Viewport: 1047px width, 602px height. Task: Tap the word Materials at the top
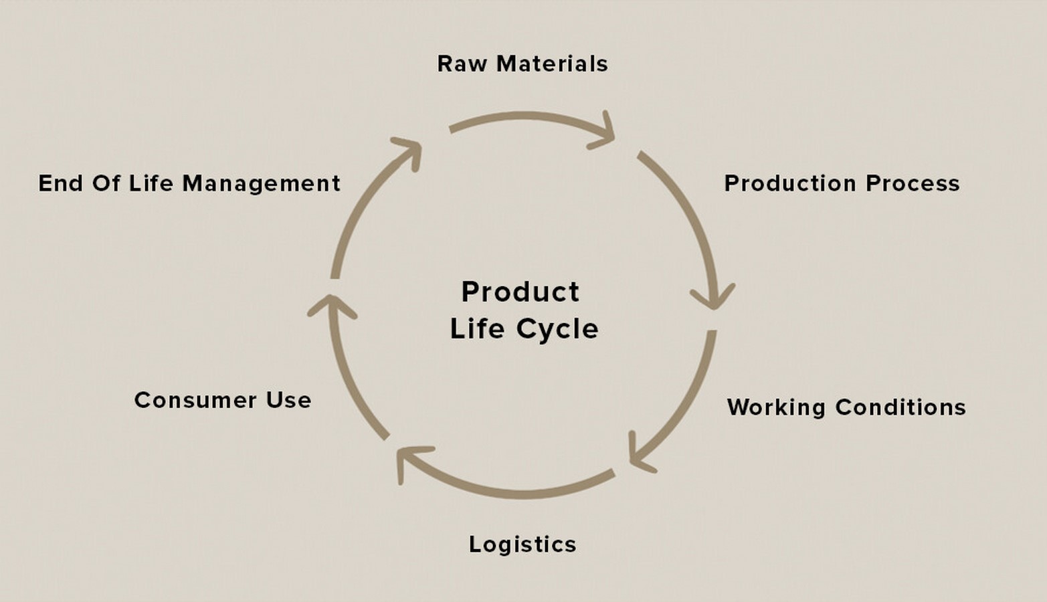click(552, 64)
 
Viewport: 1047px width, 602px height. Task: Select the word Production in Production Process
click(790, 183)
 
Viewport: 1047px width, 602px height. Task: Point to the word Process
click(913, 183)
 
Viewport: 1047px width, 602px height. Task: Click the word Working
click(776, 407)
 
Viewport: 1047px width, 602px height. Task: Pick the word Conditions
click(900, 407)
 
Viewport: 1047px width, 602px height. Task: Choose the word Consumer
click(195, 400)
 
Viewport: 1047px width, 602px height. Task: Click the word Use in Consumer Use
click(288, 400)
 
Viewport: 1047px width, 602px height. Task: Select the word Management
click(262, 184)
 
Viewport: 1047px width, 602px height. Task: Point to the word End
click(60, 183)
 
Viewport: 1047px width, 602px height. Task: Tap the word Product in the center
click(520, 292)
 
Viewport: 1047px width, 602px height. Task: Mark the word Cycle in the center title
click(557, 329)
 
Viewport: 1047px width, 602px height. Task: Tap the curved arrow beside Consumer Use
click(345, 374)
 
